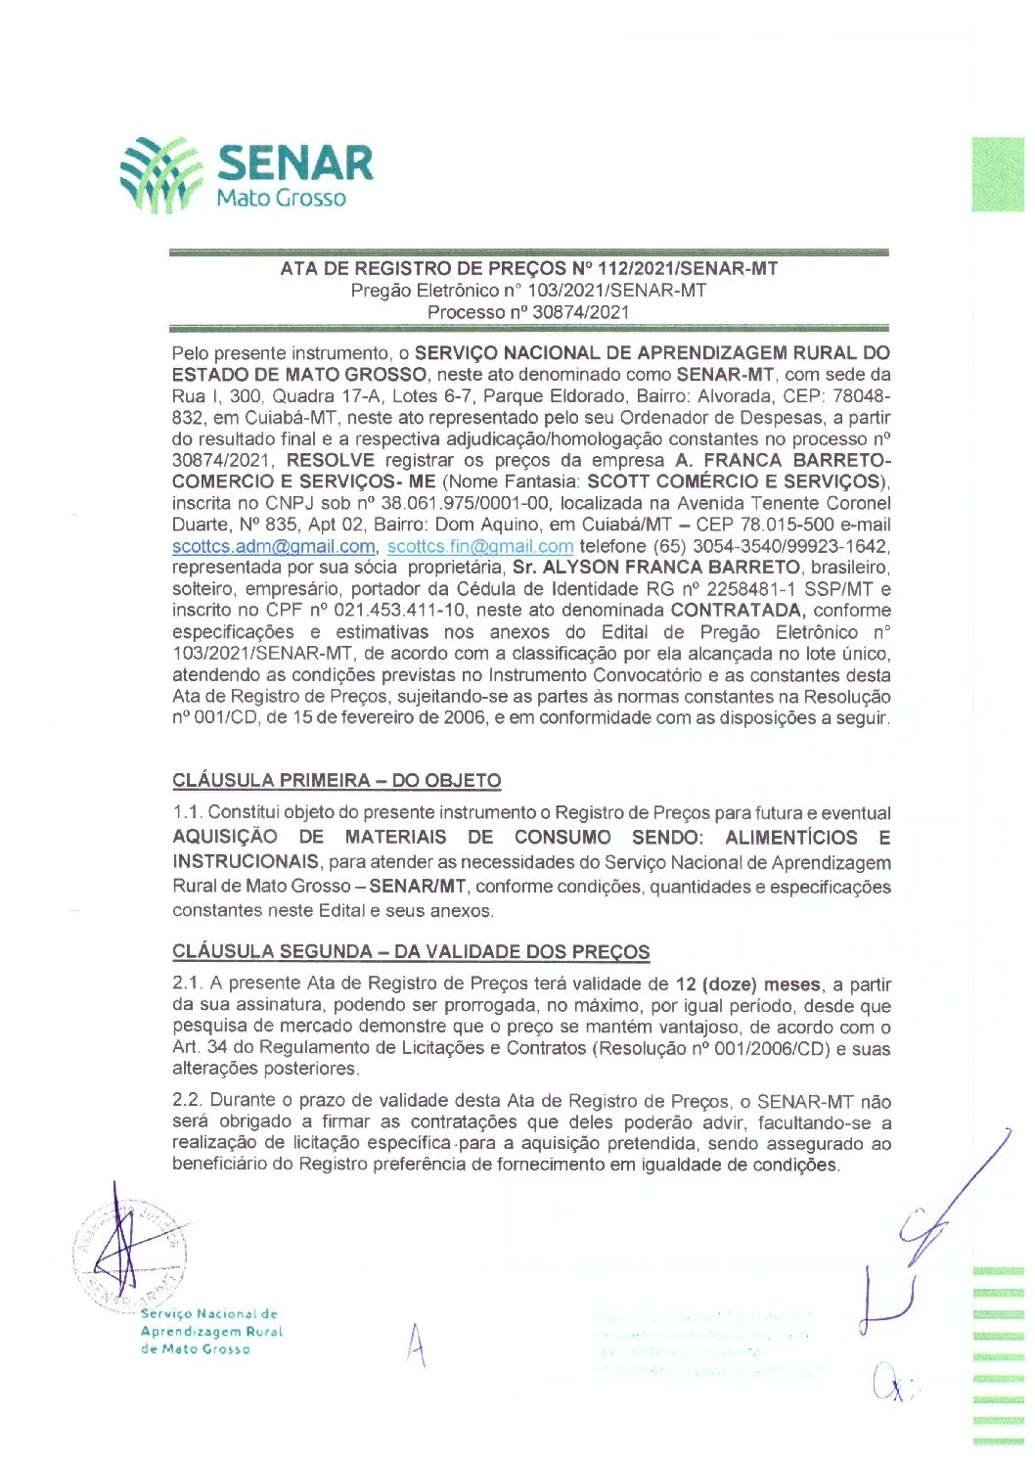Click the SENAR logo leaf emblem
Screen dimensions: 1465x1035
158,174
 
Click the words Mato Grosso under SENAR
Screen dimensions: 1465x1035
281,198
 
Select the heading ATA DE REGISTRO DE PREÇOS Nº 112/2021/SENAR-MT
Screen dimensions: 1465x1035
528,268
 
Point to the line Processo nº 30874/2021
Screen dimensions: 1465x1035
528,312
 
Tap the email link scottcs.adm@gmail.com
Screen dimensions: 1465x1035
274,546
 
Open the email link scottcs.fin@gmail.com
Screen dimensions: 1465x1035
479,546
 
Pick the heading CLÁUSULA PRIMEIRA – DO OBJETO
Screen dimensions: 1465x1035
337,781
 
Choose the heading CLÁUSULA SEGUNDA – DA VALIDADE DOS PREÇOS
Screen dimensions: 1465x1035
411,952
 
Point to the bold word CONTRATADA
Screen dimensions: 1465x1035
738,611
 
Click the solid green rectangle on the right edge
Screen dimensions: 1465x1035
998,174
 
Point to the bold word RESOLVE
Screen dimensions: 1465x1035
331,460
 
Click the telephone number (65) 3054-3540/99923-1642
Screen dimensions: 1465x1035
734,546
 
